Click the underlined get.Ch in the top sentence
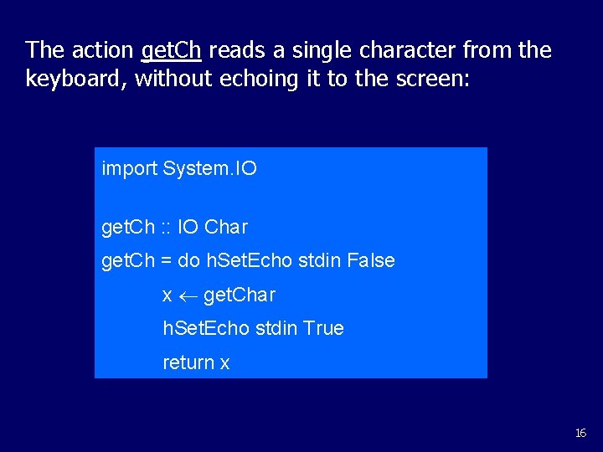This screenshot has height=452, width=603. click(171, 50)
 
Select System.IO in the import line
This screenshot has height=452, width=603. click(210, 169)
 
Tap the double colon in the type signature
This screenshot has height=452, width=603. click(167, 228)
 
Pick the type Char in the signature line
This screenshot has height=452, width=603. click(226, 228)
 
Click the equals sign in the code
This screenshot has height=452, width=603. click(166, 261)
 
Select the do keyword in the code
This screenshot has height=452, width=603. click(188, 261)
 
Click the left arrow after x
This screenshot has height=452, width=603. click(188, 295)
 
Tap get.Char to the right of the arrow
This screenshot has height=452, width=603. click(240, 295)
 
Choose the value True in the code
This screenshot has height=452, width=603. click(324, 329)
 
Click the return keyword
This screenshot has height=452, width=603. click(188, 363)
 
